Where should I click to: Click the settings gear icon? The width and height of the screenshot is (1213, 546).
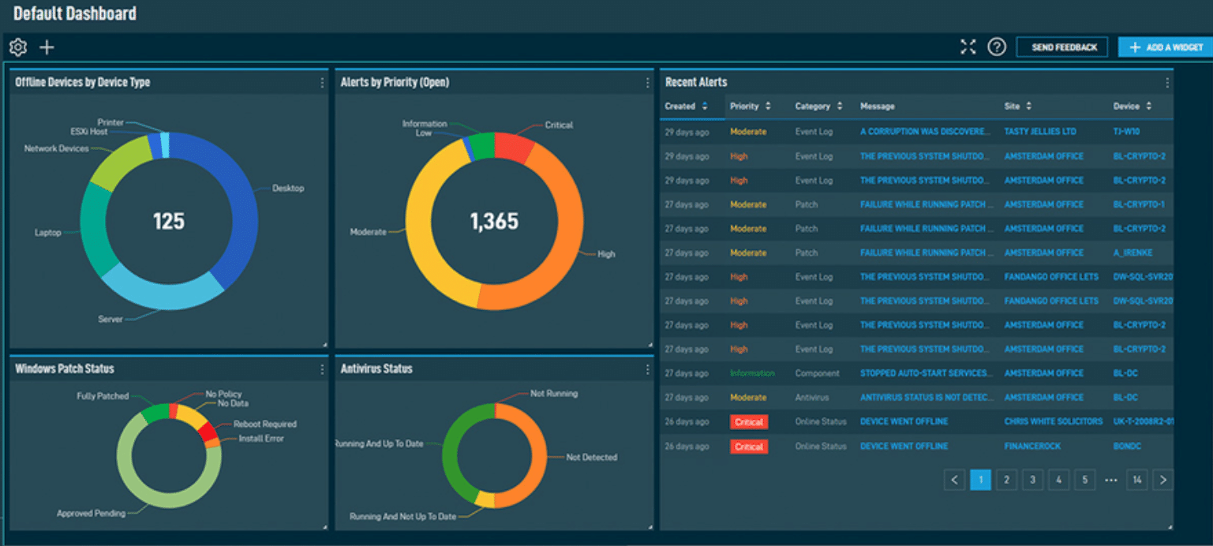(x=18, y=47)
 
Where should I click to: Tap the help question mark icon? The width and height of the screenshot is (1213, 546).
(x=997, y=47)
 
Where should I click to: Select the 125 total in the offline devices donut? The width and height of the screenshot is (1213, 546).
(x=168, y=221)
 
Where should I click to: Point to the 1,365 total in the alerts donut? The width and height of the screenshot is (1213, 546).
(x=494, y=222)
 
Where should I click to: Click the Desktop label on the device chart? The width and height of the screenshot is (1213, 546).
(x=288, y=189)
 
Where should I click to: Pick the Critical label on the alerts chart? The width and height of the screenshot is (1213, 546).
(x=559, y=125)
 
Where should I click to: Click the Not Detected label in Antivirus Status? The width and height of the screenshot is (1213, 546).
(x=591, y=458)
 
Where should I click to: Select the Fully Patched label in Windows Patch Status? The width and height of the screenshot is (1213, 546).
(x=103, y=396)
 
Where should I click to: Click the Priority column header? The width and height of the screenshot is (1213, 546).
(x=744, y=107)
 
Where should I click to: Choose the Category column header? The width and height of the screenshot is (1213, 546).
(x=812, y=107)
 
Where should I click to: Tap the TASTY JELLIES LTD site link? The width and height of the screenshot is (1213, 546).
(x=1039, y=132)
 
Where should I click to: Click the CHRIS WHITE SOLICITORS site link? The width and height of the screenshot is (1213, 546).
(x=1053, y=421)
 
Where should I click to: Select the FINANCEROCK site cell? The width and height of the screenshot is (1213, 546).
(x=1032, y=446)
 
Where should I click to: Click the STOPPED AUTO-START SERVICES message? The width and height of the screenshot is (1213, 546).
(x=923, y=373)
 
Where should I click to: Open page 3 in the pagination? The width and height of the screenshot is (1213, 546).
(x=1032, y=480)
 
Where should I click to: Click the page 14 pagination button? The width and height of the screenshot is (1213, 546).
(x=1136, y=480)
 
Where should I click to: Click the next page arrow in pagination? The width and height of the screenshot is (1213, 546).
(x=1162, y=480)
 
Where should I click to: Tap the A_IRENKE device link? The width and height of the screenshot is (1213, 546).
(x=1133, y=252)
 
